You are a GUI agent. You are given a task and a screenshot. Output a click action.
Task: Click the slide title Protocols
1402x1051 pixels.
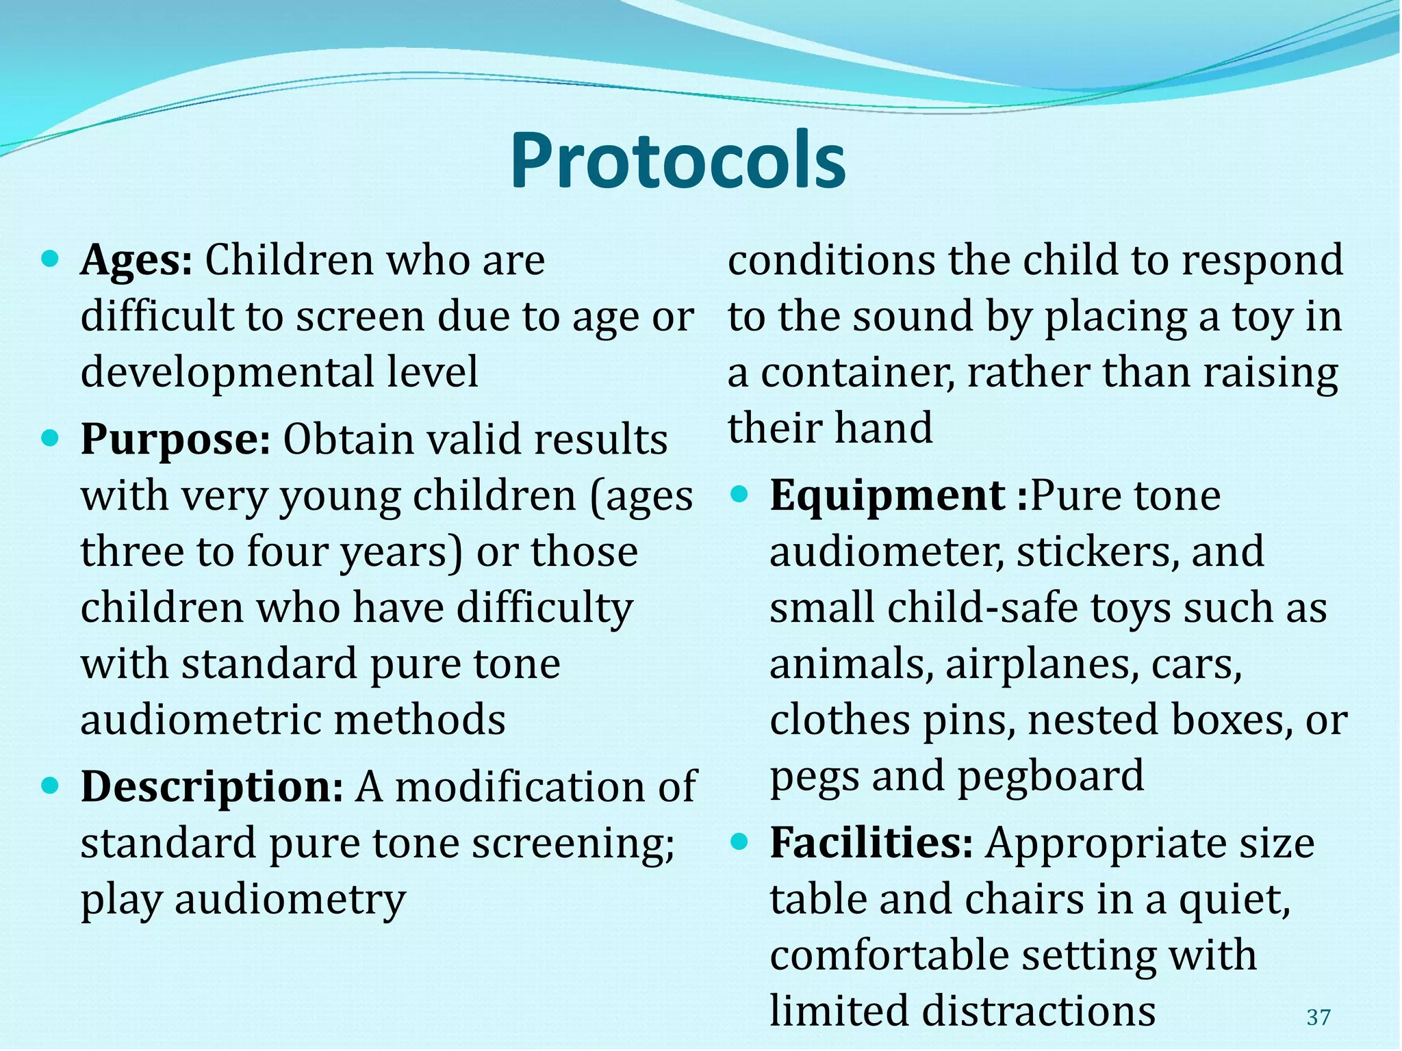[x=678, y=161]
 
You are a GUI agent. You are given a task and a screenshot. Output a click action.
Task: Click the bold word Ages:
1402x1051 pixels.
[x=137, y=261]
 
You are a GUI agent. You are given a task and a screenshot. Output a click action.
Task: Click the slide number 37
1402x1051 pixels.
[x=1318, y=1017]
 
